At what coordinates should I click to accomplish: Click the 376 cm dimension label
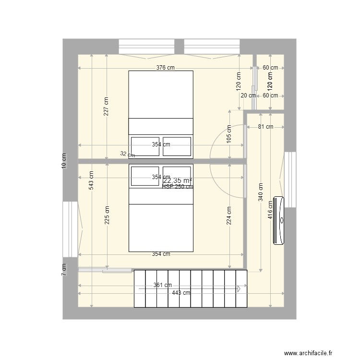click(x=165, y=68)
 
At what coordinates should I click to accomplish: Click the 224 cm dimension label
click(x=229, y=216)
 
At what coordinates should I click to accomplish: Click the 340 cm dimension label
click(x=261, y=192)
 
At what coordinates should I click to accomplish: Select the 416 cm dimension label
click(x=271, y=210)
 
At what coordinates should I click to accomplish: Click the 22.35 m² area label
click(x=178, y=180)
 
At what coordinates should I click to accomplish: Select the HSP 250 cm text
click(x=177, y=187)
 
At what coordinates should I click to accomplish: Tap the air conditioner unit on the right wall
click(x=279, y=221)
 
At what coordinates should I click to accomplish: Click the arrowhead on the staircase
click(x=238, y=288)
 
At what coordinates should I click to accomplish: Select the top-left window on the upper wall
click(x=146, y=47)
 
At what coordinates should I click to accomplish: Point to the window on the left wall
click(x=70, y=229)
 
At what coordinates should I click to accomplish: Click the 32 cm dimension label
click(x=128, y=155)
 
